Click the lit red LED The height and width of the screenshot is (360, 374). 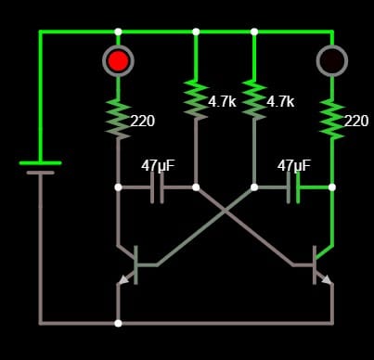tap(118, 61)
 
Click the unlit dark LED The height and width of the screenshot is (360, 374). tap(332, 61)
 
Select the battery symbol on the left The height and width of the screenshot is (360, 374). tap(40, 167)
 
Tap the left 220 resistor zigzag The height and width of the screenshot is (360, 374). tap(118, 119)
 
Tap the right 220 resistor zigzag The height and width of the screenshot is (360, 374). tap(332, 119)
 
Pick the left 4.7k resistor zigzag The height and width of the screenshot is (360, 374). tap(196, 99)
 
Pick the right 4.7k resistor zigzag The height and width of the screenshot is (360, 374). tap(254, 99)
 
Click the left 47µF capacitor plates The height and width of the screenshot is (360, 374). tap(157, 187)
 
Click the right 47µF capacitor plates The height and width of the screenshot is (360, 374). tap(293, 187)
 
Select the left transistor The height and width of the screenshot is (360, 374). tap(130, 265)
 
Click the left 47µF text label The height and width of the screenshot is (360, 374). tap(158, 165)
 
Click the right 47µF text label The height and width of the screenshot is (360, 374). tap(294, 165)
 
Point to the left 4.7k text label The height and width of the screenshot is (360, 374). tap(223, 102)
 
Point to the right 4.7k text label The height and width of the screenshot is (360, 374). tap(280, 102)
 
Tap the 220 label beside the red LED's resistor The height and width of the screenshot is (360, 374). tap(143, 121)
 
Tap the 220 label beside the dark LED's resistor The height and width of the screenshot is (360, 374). tap(356, 121)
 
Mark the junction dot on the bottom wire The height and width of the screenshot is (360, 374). tap(118, 323)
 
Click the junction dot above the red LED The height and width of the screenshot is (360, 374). tap(118, 32)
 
